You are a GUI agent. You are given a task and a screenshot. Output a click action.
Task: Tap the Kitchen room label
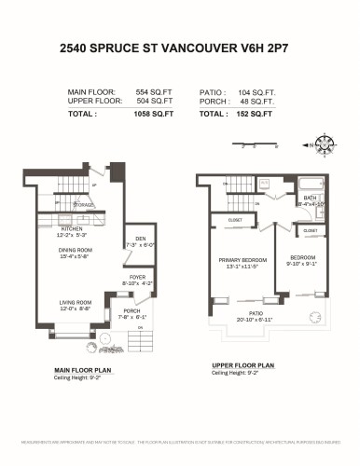[73, 228]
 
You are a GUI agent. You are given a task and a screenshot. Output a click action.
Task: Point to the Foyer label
[136, 277]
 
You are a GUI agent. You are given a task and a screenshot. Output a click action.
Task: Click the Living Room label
[76, 301]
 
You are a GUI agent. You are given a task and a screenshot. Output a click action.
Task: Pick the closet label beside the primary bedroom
[235, 220]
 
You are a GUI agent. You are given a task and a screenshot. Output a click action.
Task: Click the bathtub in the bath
[312, 184]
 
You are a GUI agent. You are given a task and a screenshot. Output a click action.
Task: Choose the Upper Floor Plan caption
[242, 365]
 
